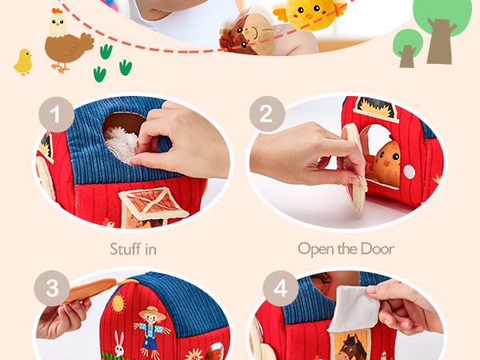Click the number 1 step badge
[54, 116]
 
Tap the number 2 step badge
[267, 116]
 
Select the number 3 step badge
[53, 288]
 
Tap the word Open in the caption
[315, 249]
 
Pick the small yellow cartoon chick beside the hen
[22, 61]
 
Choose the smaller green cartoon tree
[407, 46]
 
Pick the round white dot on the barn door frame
[410, 172]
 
